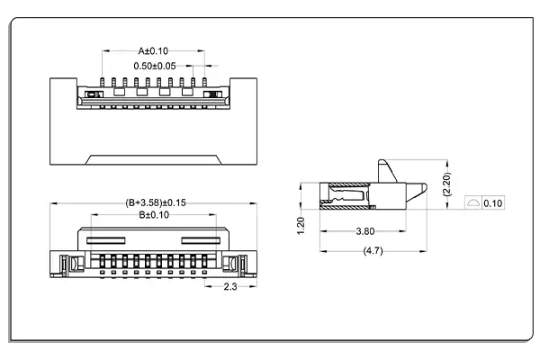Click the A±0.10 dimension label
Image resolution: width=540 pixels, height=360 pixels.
pos(153,51)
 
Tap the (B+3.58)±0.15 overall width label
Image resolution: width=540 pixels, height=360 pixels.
pos(155,202)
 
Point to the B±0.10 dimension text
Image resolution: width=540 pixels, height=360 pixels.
pos(154,215)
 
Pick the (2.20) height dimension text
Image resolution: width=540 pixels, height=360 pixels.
pos(448,186)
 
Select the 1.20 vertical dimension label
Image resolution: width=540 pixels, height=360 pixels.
pos(301,224)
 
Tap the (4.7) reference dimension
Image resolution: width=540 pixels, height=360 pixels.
pos(372,250)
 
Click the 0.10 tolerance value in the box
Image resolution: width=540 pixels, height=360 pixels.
pos(493,203)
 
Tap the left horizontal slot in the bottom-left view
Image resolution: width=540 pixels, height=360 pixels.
pos(105,239)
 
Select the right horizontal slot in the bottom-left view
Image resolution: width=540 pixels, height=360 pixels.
pos(201,239)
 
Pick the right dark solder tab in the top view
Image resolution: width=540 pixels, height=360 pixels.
pos(213,93)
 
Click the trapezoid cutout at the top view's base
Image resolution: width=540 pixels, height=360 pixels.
pos(152,160)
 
